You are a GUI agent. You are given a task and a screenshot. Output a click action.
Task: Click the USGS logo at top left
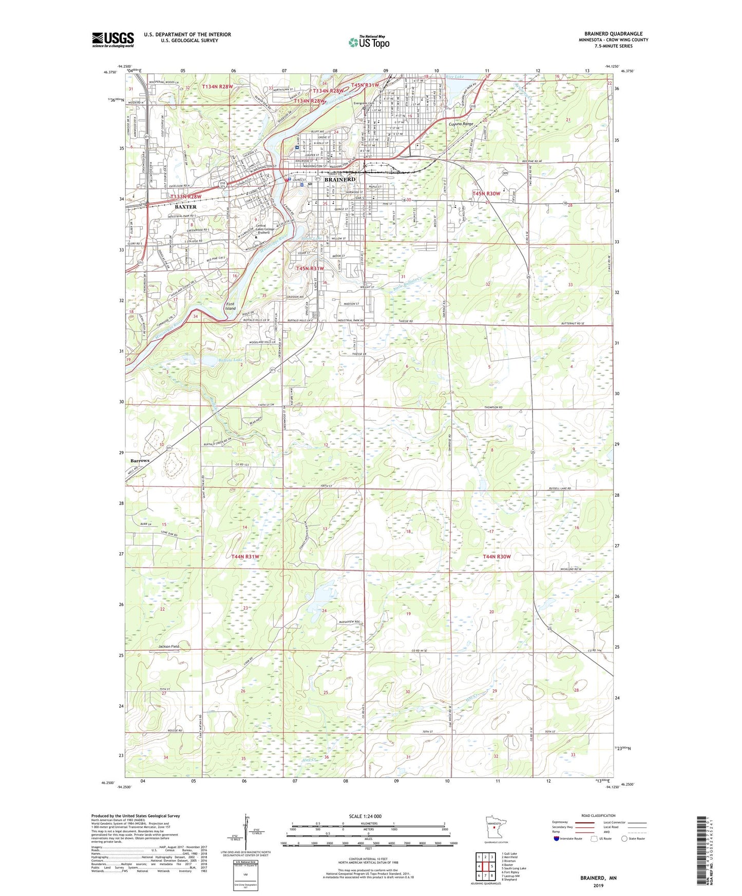pos(112,40)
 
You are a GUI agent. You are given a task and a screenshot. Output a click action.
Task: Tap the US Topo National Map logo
pos(368,42)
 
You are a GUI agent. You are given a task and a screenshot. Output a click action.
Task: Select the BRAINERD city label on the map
pos(340,180)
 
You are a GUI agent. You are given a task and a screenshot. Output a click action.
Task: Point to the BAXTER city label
pos(185,207)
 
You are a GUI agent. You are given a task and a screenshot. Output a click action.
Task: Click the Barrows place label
pos(140,460)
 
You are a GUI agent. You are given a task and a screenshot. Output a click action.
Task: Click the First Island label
pos(231,306)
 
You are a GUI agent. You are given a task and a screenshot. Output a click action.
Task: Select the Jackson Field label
pos(168,646)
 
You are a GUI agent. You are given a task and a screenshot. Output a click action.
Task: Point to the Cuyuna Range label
pos(461,124)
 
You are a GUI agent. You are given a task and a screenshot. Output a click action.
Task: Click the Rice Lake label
pos(454,76)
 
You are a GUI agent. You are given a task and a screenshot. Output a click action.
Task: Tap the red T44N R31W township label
pos(245,556)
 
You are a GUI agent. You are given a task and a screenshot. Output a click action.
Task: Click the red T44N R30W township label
pos(497,556)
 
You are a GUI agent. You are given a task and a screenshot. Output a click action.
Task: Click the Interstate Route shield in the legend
pos(557,839)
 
